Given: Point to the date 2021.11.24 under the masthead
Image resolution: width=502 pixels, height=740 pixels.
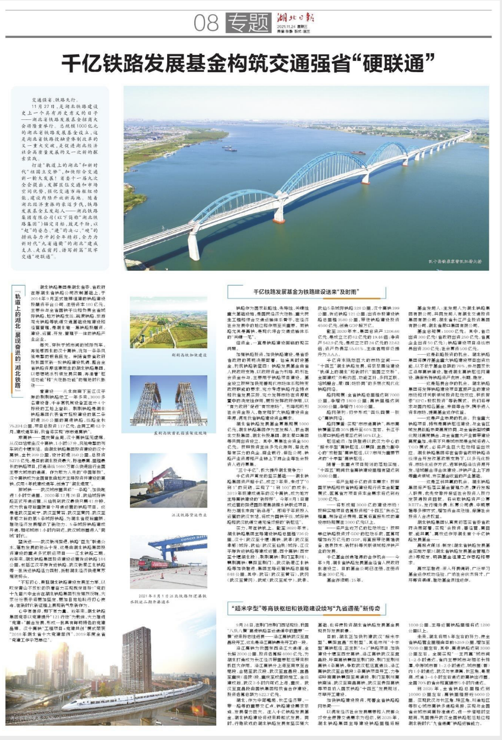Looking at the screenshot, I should coord(286,27).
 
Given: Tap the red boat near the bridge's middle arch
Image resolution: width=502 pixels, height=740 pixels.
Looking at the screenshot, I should coord(357,153).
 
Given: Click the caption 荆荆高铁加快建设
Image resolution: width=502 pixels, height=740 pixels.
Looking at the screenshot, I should coord(167,356).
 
